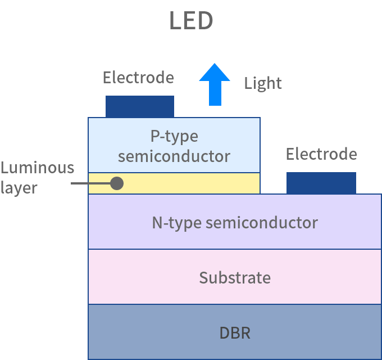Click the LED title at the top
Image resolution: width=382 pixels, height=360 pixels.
pyautogui.click(x=191, y=21)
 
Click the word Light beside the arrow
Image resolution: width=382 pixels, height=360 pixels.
pyautogui.click(x=262, y=83)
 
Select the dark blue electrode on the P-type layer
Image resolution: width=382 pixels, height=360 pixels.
pyautogui.click(x=140, y=106)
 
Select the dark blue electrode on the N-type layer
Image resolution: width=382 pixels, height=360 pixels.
pyautogui.click(x=321, y=183)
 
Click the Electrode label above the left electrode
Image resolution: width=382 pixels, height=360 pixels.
pyautogui.click(x=138, y=77)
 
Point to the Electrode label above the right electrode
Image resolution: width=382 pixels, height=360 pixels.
pyautogui.click(x=321, y=154)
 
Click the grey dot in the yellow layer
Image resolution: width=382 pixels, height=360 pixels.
pyautogui.click(x=117, y=183)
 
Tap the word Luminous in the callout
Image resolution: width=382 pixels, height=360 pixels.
pyautogui.click(x=37, y=168)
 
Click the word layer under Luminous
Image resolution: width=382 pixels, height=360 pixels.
pyautogui.click(x=19, y=187)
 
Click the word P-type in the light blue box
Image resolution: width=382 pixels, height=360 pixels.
pyautogui.click(x=174, y=136)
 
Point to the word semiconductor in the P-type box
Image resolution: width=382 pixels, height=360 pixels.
pyautogui.click(x=174, y=156)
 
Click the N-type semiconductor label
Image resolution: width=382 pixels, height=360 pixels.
pyautogui.click(x=235, y=222)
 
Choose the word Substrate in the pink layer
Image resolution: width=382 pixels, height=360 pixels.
pyautogui.click(x=235, y=277)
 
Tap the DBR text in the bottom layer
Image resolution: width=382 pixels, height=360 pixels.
pyautogui.click(x=235, y=332)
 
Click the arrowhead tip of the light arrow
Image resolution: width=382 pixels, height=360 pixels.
pyautogui.click(x=215, y=65)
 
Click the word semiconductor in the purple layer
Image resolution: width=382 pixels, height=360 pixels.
pyautogui.click(x=262, y=222)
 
